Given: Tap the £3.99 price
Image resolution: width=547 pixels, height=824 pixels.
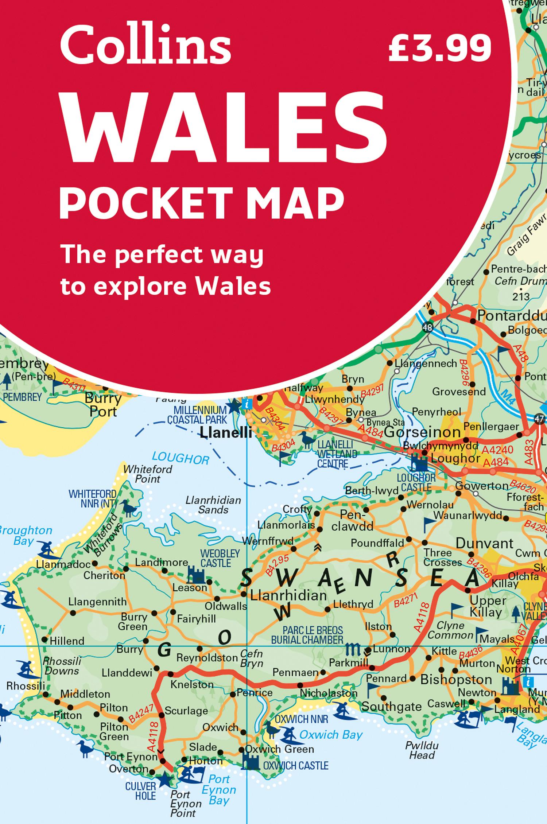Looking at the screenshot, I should click(x=440, y=47).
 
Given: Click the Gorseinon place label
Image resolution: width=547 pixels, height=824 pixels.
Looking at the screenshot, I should click(x=422, y=432).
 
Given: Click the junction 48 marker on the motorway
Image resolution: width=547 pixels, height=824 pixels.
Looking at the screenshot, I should click(x=427, y=327).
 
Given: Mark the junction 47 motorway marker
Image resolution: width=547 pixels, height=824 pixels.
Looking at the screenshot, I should click(x=539, y=419).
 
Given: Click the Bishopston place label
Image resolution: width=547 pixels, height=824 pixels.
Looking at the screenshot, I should click(x=456, y=680).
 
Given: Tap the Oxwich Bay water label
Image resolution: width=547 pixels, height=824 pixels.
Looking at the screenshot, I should click(x=331, y=735).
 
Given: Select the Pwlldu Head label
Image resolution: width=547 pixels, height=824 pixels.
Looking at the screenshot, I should click(x=422, y=750).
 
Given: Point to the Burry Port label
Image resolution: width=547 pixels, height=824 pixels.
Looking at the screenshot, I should click(x=103, y=405).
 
